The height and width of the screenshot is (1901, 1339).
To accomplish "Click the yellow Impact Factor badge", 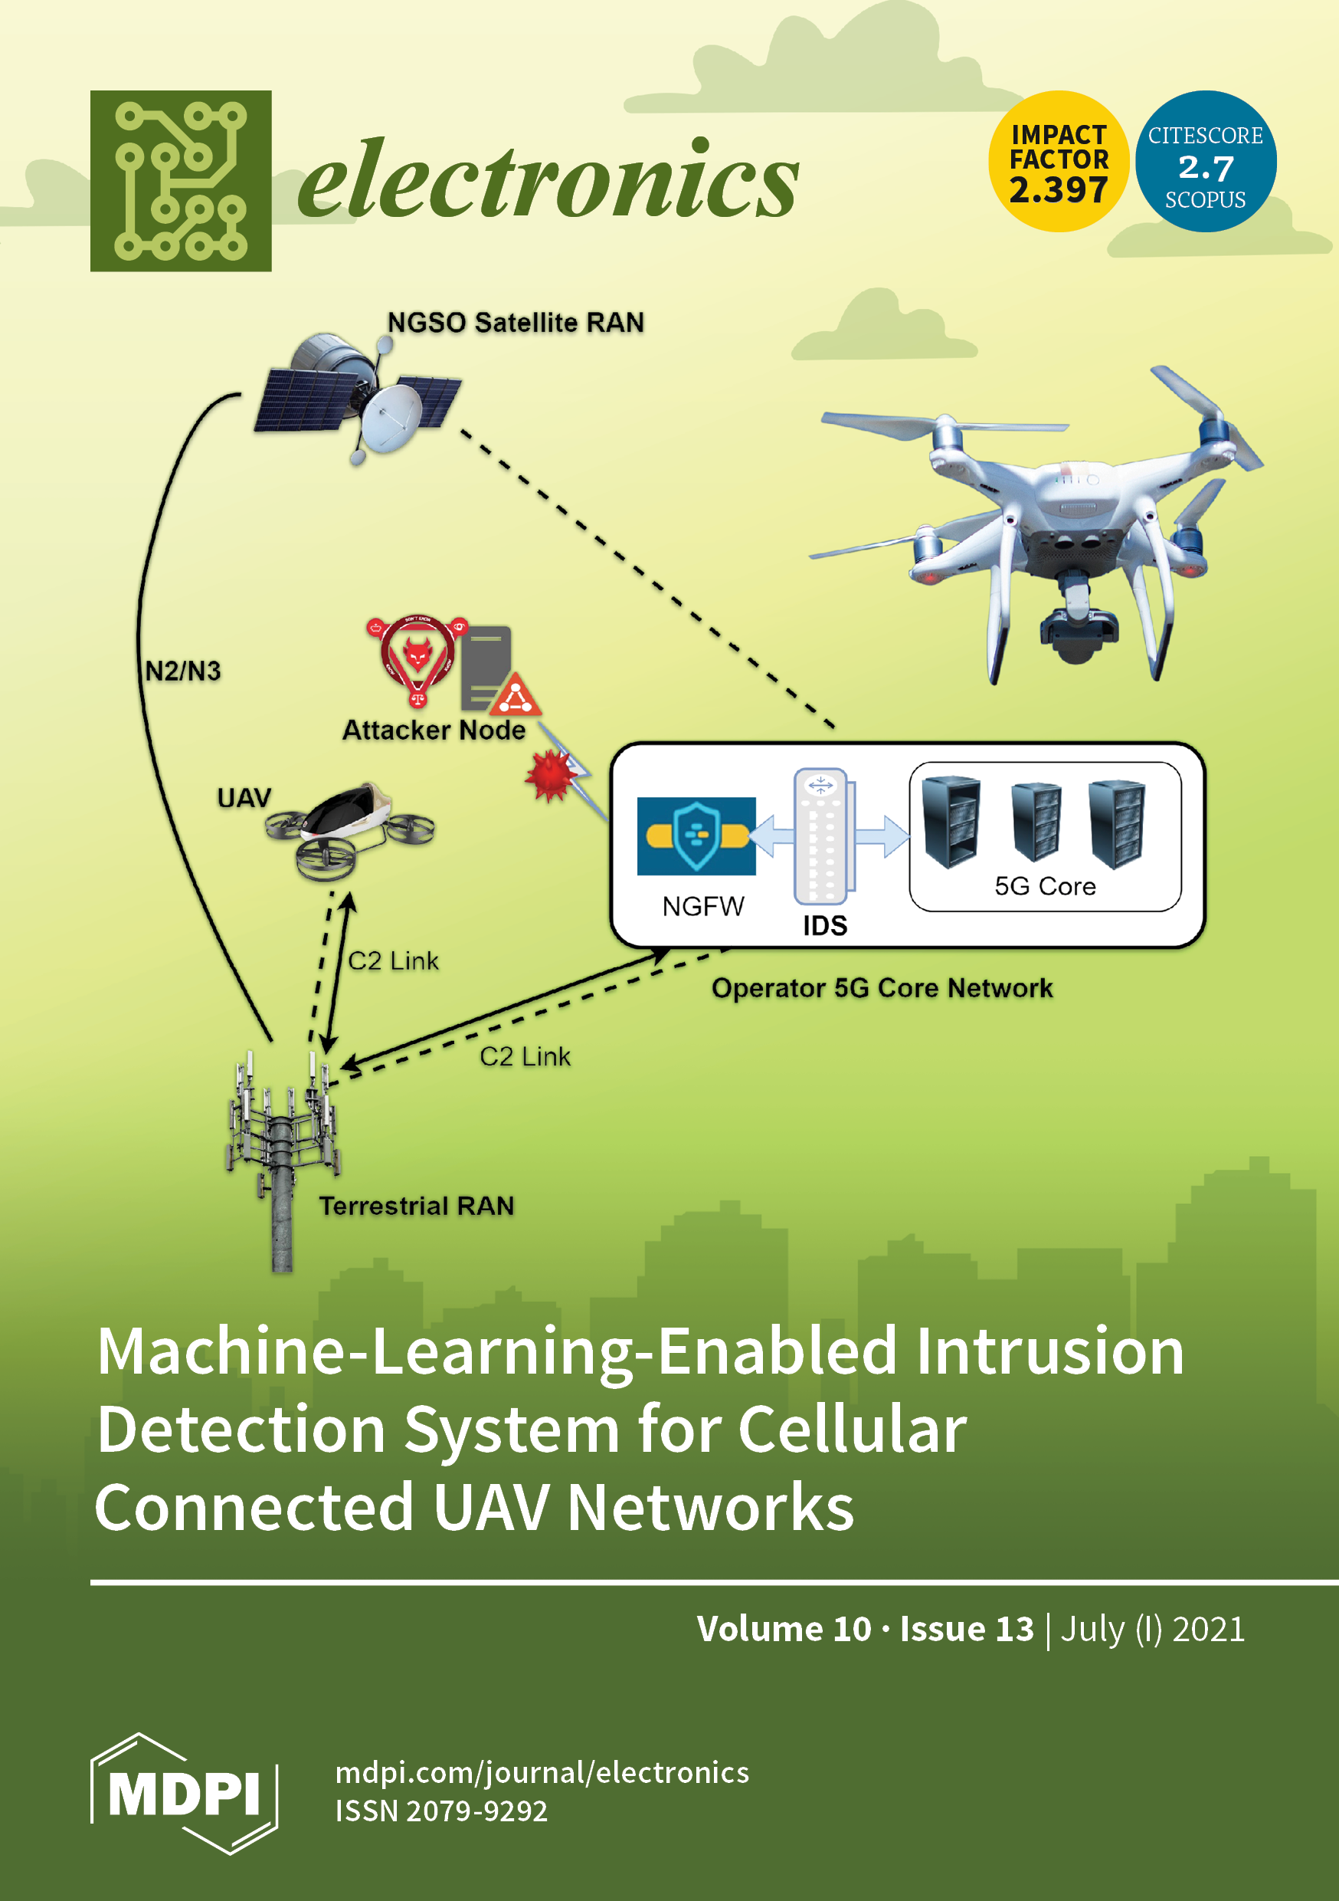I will (x=1058, y=162).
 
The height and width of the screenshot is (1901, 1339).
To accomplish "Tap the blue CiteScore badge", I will (x=1205, y=162).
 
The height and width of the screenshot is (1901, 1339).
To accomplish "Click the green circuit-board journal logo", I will (x=181, y=180).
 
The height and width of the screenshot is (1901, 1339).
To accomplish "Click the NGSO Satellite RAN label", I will (x=516, y=322).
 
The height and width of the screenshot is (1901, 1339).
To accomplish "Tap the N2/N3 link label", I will (x=183, y=671).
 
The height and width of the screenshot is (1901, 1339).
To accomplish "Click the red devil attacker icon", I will (x=417, y=658).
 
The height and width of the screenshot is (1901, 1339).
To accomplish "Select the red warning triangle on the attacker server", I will (x=516, y=695).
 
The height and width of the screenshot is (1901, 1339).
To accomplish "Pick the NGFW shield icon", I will (x=696, y=836).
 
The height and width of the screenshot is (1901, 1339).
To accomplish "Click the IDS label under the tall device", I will (x=825, y=925).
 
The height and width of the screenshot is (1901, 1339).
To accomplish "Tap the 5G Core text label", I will (x=1044, y=886).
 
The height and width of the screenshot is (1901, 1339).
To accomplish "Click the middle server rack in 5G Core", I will (x=1036, y=820).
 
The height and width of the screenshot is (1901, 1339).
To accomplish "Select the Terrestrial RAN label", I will (x=416, y=1206).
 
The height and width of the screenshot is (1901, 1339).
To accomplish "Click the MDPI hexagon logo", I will (x=184, y=1793).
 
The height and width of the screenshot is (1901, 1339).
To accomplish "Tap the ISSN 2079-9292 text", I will (x=441, y=1811).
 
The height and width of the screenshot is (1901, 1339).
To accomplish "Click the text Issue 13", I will (x=967, y=1630).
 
